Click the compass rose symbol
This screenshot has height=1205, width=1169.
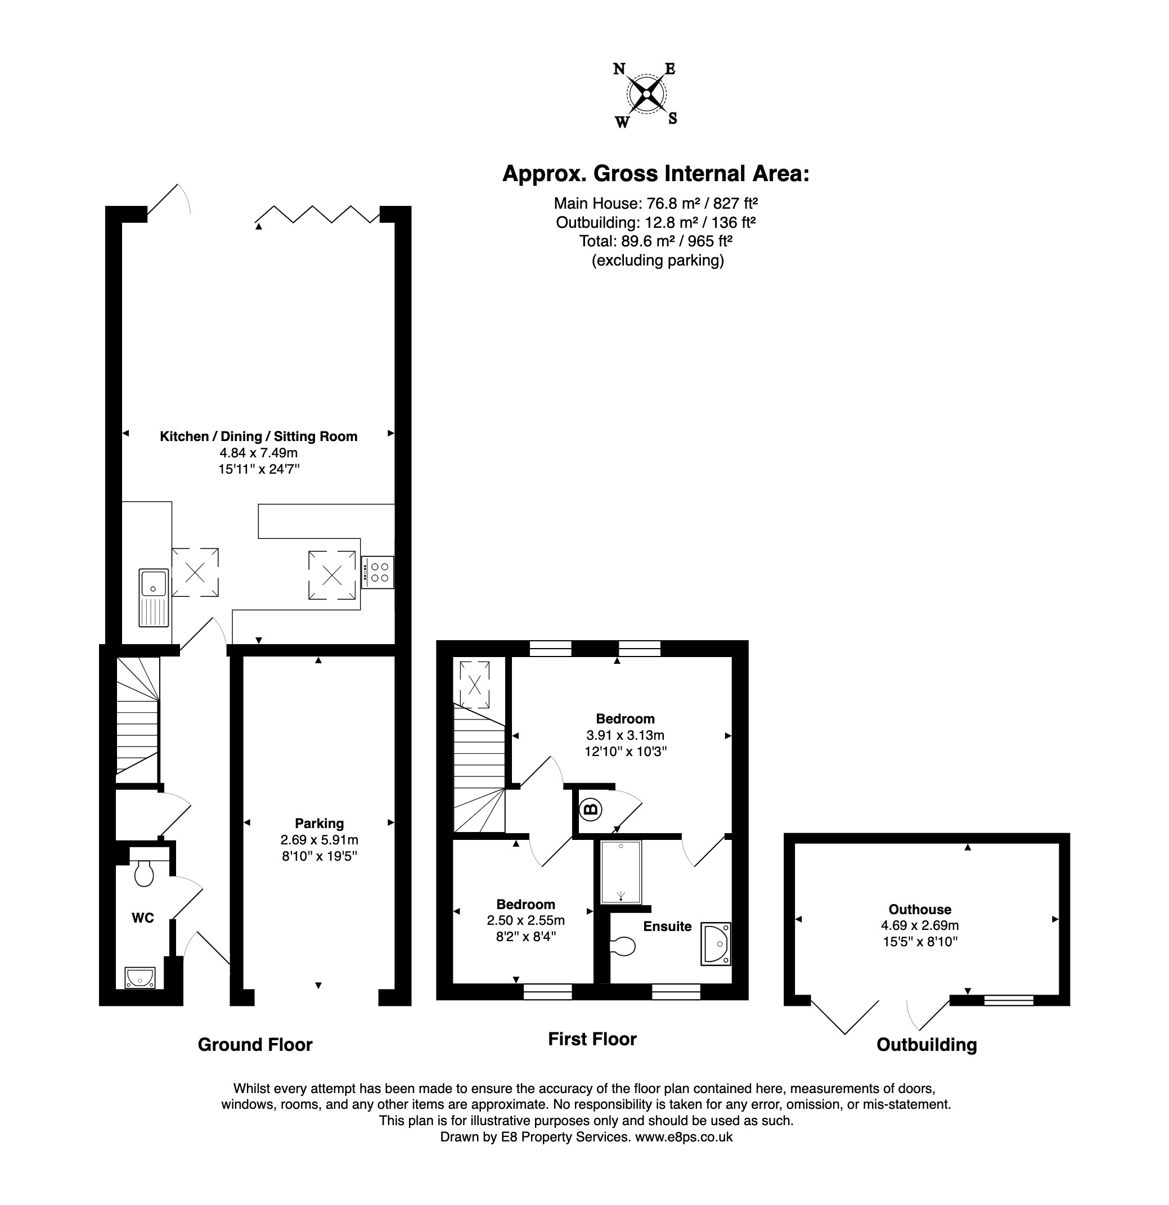tap(646, 94)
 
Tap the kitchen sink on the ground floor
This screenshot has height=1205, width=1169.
tap(154, 597)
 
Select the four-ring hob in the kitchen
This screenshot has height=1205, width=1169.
tap(377, 572)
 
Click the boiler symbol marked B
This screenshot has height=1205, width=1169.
tap(590, 810)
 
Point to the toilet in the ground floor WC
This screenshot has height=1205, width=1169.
tap(144, 873)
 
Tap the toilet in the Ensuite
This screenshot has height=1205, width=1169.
tap(623, 946)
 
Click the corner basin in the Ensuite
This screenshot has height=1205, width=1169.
tap(716, 943)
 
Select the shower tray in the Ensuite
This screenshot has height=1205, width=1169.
tap(621, 872)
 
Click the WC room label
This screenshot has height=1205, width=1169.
tap(143, 918)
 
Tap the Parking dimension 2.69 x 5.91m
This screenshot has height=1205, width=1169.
tap(319, 840)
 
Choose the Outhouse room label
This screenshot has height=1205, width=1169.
tap(920, 909)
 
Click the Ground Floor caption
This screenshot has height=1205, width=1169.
tap(255, 1045)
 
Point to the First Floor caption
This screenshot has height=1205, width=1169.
tap(592, 1039)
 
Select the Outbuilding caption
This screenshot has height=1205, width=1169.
tap(927, 1045)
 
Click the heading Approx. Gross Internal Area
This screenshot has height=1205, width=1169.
tap(656, 174)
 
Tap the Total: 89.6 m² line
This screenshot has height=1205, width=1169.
tap(656, 241)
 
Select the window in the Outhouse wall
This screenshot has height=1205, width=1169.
tap(1009, 1000)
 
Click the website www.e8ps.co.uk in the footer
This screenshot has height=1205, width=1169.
tap(684, 1137)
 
